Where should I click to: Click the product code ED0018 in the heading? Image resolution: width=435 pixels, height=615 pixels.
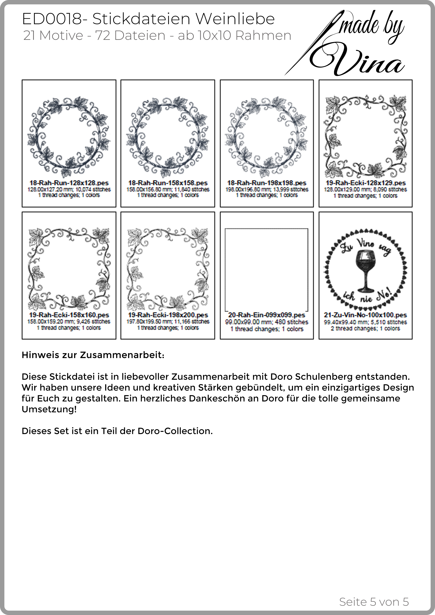[x=52, y=19]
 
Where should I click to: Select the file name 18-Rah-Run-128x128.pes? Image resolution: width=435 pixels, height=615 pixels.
[x=69, y=183]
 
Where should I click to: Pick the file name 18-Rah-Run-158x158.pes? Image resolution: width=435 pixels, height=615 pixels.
[x=168, y=183]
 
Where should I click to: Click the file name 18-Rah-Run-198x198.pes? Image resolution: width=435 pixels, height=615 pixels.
[x=267, y=183]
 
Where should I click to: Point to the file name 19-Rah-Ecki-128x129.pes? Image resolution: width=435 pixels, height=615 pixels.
[x=366, y=183]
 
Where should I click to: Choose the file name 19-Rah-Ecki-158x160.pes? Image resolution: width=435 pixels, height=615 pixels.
[x=69, y=315]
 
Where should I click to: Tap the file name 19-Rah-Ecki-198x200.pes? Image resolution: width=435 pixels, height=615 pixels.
[x=168, y=315]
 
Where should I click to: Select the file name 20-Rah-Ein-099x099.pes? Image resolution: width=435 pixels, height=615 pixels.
[x=267, y=315]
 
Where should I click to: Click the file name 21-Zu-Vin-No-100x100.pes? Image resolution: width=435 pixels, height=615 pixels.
[x=365, y=315]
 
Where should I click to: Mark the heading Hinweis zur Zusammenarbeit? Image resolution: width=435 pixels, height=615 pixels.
[x=93, y=355]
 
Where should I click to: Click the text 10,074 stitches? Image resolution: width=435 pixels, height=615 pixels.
[x=93, y=190]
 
